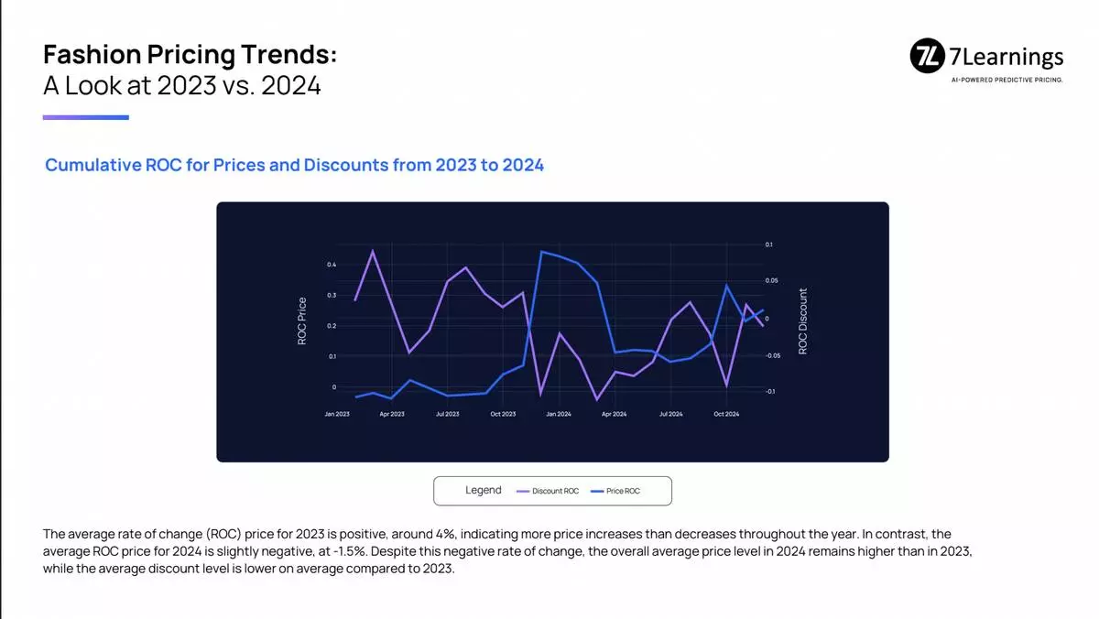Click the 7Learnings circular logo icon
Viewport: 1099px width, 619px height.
pos(927,56)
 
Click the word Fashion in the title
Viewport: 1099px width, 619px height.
pos(92,54)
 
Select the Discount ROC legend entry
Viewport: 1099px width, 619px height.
pos(548,491)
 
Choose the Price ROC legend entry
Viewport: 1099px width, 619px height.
pos(615,491)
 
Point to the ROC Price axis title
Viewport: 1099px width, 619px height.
pos(301,320)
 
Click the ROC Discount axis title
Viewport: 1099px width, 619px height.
pos(802,320)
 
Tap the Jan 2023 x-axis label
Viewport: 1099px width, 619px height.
pos(337,414)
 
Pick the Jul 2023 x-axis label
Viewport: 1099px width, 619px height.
pos(448,414)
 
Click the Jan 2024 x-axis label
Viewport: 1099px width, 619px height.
pos(559,414)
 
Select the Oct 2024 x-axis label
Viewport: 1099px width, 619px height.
pos(726,414)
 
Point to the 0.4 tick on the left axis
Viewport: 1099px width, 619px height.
pos(332,265)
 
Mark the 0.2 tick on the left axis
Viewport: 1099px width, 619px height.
pos(332,326)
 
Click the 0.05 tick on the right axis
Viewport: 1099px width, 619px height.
pos(771,280)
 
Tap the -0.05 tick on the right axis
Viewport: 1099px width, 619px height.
pos(772,355)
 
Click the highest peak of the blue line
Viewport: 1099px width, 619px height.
pos(540,252)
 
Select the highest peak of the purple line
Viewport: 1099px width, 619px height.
pos(373,251)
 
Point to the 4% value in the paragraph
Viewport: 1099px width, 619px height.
pos(445,534)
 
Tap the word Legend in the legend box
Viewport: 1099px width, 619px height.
pos(484,490)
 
